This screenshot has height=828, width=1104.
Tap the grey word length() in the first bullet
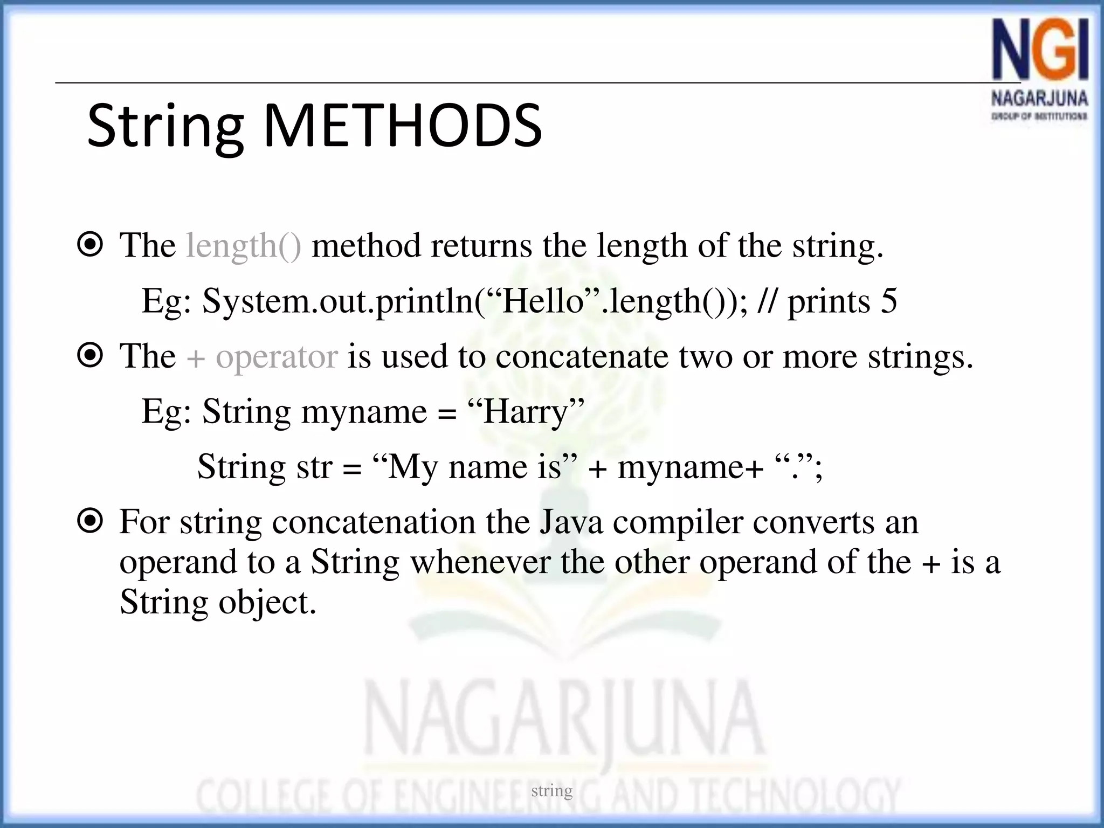click(244, 246)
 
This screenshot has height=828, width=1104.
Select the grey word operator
click(277, 357)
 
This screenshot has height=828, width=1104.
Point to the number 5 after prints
click(889, 301)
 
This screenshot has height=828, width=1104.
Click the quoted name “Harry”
click(526, 412)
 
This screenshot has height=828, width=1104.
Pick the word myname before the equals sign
click(364, 412)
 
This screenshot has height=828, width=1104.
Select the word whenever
click(480, 562)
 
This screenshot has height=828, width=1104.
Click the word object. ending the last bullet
click(267, 603)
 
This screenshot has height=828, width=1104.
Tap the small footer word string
click(551, 791)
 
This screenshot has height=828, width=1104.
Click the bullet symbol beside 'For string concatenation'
click(90, 521)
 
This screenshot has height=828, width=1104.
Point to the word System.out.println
click(339, 301)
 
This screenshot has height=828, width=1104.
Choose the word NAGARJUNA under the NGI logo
click(1039, 99)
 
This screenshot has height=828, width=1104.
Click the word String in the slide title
click(165, 127)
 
